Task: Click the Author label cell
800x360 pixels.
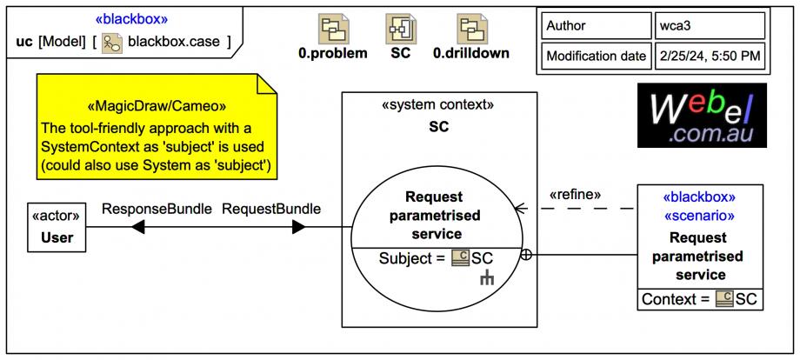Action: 595,26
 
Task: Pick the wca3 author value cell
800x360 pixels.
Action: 708,26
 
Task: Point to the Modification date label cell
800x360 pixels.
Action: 595,57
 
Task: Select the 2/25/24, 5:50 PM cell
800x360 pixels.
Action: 708,57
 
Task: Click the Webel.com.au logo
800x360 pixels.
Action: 702,114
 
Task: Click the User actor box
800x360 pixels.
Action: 57,227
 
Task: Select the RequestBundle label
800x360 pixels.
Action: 271,209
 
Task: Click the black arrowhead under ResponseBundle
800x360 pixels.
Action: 137,227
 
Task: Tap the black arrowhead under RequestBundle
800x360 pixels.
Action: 298,227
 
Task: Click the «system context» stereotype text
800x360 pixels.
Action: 437,105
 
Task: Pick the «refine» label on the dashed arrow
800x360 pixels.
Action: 575,195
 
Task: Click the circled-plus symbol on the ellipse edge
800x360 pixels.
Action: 525,255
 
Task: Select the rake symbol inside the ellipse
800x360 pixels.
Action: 488,278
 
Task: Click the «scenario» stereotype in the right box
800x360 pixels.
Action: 700,215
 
